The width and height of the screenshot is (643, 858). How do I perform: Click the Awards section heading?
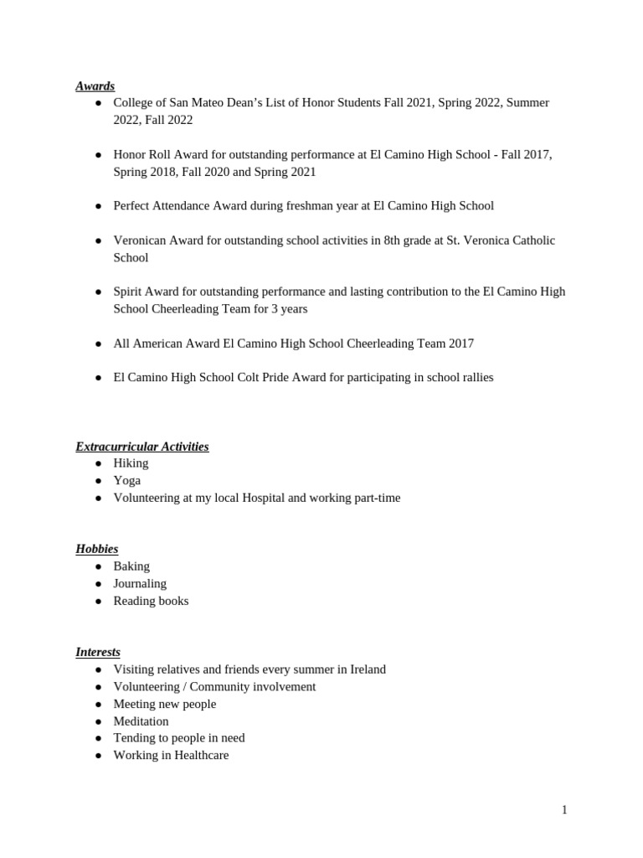[95, 85]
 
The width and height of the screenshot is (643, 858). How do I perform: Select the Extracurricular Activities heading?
[141, 447]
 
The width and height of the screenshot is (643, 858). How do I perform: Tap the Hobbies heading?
[96, 549]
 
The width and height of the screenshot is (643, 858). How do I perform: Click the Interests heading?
[98, 652]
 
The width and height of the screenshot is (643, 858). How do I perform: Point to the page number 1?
[564, 809]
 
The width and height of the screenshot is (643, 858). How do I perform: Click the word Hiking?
[131, 463]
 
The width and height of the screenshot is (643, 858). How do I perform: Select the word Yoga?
[127, 480]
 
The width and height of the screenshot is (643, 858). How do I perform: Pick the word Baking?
[131, 566]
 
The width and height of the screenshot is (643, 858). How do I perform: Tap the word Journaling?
[140, 583]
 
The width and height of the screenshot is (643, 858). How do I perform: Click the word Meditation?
[141, 721]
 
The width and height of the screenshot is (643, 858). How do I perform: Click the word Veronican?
[140, 240]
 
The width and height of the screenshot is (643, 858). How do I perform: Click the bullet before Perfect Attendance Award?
[98, 206]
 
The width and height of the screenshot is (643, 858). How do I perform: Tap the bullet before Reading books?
[98, 601]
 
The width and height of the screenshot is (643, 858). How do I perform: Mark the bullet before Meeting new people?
[98, 704]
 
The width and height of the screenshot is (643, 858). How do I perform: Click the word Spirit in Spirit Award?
[129, 292]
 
